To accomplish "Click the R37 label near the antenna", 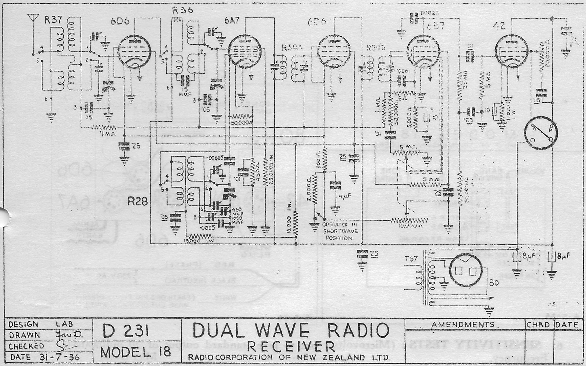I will [52, 21].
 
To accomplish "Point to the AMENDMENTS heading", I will [463, 325].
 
